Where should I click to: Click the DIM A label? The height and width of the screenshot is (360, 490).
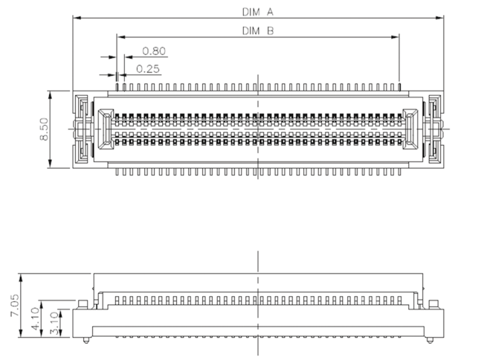(258, 12)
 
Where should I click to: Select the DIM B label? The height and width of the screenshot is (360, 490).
(258, 30)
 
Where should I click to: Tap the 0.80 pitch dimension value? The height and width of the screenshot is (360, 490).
(154, 51)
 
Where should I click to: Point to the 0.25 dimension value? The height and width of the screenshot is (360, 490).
(148, 68)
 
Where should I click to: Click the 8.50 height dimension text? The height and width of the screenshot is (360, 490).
(44, 129)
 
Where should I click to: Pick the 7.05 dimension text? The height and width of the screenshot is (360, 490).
(15, 305)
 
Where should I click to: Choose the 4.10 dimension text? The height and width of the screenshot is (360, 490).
(35, 318)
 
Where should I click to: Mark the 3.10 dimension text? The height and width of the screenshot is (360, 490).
(54, 323)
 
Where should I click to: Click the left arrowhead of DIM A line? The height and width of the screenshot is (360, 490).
(77, 18)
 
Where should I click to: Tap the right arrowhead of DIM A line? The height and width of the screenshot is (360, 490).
(439, 18)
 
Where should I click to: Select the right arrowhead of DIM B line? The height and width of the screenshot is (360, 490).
(395, 37)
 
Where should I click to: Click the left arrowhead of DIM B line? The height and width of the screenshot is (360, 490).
(121, 37)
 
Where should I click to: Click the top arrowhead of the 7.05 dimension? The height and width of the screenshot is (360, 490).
(21, 278)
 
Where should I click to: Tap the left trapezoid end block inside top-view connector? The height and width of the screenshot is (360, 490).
(106, 129)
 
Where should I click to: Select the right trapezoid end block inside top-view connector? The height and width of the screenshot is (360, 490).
(410, 129)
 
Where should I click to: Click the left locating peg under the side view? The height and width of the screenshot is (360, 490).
(86, 341)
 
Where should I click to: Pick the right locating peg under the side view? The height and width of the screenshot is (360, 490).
(430, 341)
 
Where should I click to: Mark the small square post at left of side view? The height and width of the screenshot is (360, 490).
(83, 305)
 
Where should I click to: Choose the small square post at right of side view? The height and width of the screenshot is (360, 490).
(433, 305)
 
